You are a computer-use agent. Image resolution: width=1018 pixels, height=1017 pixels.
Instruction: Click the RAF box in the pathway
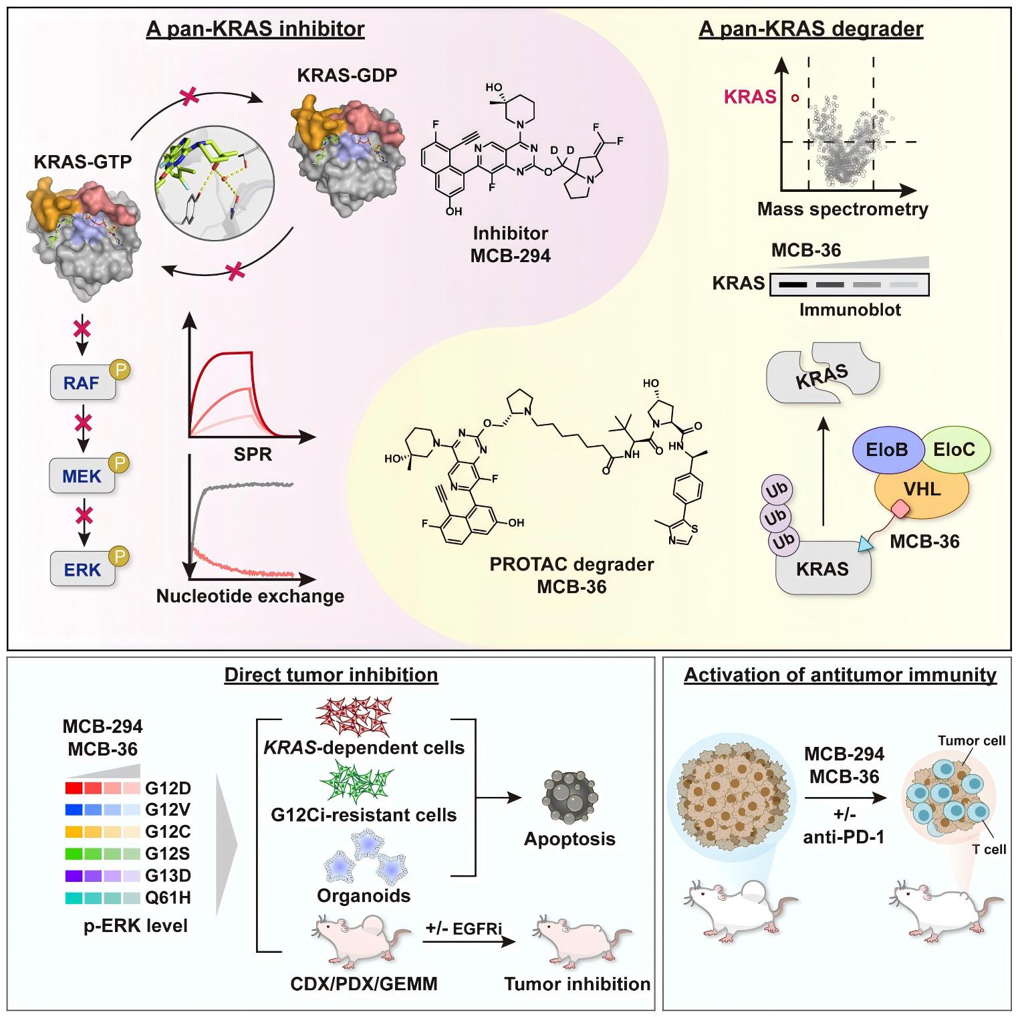pos(83,383)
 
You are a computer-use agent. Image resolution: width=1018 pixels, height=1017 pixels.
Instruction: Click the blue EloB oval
pos(887,449)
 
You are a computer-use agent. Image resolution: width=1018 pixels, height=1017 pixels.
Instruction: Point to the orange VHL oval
pos(922,489)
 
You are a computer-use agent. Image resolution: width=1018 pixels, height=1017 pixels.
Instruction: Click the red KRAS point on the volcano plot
pos(795,98)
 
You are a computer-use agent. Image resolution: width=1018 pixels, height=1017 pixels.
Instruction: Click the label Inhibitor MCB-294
pos(511,244)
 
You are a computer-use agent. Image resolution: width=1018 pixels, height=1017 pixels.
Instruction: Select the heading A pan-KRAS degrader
pos(811,29)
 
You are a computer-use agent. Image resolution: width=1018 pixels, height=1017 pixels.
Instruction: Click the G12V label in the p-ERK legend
pos(168,810)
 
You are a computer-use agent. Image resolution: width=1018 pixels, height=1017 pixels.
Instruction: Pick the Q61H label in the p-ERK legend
pos(168,898)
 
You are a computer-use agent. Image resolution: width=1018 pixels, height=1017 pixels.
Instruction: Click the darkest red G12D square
pos(73,788)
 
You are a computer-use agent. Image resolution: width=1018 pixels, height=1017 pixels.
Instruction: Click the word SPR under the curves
pos(254,455)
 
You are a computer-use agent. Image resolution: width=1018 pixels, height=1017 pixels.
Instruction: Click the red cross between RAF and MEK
pos(83,423)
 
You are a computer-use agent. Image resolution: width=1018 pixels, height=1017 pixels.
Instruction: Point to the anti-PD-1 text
pos(844,835)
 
